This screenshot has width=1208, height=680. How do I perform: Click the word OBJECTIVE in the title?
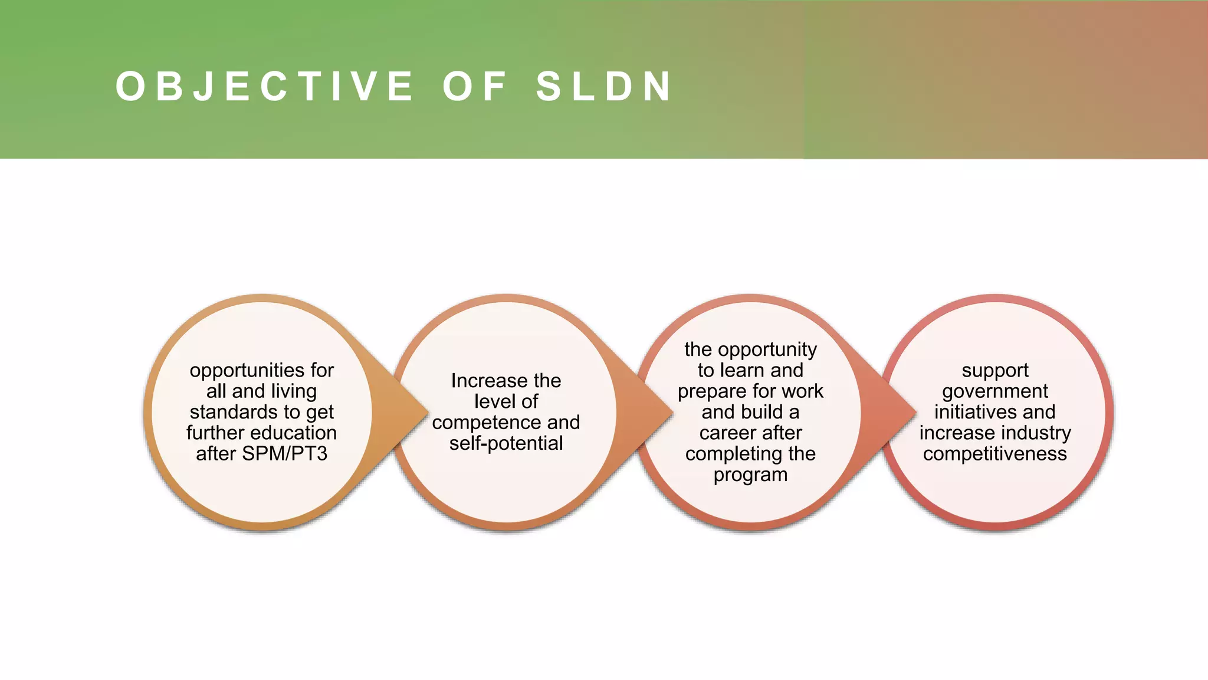point(264,86)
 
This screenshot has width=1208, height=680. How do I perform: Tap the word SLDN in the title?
point(604,86)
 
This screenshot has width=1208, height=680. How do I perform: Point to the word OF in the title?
point(475,86)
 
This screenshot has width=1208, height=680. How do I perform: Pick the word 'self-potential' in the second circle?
point(506,443)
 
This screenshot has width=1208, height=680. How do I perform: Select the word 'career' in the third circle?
point(725,433)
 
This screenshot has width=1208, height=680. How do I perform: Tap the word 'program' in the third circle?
point(750,475)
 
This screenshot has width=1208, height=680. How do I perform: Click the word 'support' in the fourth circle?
point(995,371)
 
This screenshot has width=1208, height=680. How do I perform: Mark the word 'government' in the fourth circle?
point(995,391)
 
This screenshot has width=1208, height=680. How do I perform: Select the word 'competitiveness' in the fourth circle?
point(995,454)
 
